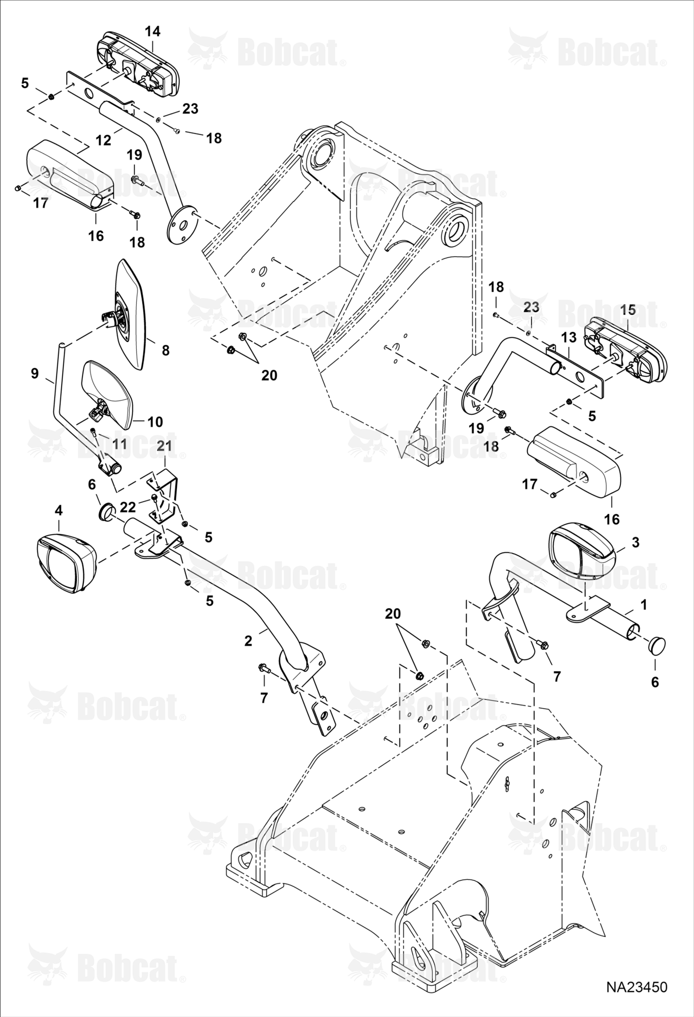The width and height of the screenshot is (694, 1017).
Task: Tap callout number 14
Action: (x=152, y=32)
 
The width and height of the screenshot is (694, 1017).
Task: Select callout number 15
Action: (x=628, y=309)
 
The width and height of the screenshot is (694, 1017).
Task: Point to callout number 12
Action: (x=103, y=140)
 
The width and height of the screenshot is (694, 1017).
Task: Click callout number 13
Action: (x=569, y=337)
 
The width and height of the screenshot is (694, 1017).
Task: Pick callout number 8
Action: (x=165, y=350)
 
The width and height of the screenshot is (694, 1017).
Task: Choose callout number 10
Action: (x=155, y=422)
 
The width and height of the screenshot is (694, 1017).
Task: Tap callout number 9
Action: (x=35, y=374)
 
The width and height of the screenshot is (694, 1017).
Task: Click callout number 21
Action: (x=164, y=446)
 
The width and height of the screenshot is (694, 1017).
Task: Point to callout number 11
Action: (x=119, y=443)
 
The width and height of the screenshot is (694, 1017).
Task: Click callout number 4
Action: (x=58, y=510)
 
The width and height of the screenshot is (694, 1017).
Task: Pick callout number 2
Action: (x=248, y=641)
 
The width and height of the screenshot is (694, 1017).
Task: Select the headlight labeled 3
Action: (x=583, y=553)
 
